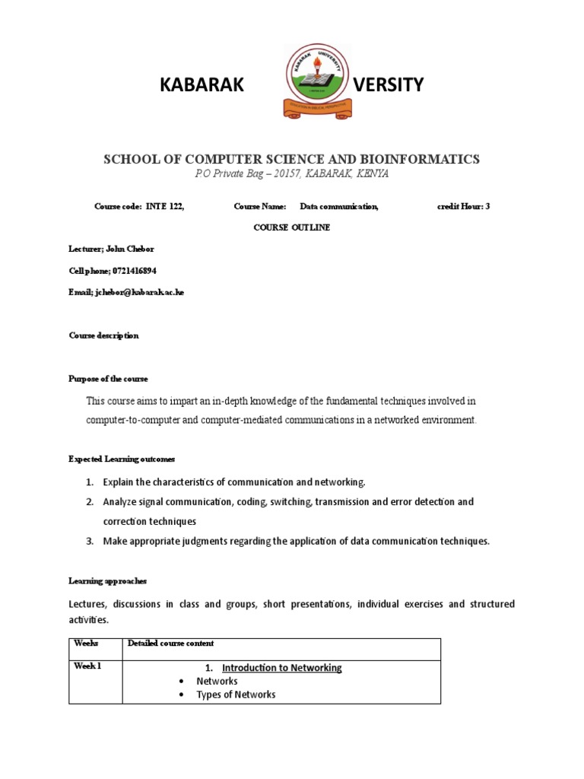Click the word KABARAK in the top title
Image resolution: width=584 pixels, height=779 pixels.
[x=202, y=85]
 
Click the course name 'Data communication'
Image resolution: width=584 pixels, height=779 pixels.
[x=338, y=206]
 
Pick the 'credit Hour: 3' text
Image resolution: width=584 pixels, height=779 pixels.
[x=464, y=206]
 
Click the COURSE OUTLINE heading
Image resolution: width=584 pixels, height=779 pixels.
[x=292, y=227]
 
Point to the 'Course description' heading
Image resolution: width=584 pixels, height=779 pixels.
[x=103, y=335]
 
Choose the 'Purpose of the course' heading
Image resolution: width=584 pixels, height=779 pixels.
[x=108, y=379]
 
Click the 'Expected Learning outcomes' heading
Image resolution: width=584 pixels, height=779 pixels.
[x=122, y=459]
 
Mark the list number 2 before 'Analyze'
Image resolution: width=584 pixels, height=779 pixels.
[x=89, y=502]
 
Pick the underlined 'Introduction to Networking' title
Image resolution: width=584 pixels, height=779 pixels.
[x=282, y=668]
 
